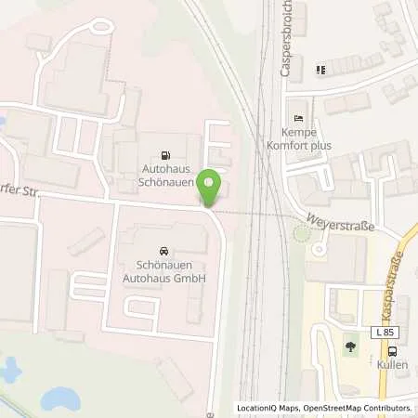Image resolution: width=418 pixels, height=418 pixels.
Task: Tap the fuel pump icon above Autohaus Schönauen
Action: pyautogui.click(x=166, y=155)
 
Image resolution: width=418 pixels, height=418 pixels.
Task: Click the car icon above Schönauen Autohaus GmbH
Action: pyautogui.click(x=163, y=251)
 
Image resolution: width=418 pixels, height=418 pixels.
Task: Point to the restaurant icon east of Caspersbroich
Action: pyautogui.click(x=320, y=69)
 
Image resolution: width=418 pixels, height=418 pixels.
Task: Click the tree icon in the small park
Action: pyautogui.click(x=350, y=348)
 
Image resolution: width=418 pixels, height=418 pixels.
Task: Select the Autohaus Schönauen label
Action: pyautogui.click(x=167, y=176)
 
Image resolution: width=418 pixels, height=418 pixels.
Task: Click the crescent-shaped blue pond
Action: pyautogui.click(x=59, y=398)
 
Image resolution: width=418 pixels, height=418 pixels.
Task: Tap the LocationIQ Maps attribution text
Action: pyautogui.click(x=268, y=408)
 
